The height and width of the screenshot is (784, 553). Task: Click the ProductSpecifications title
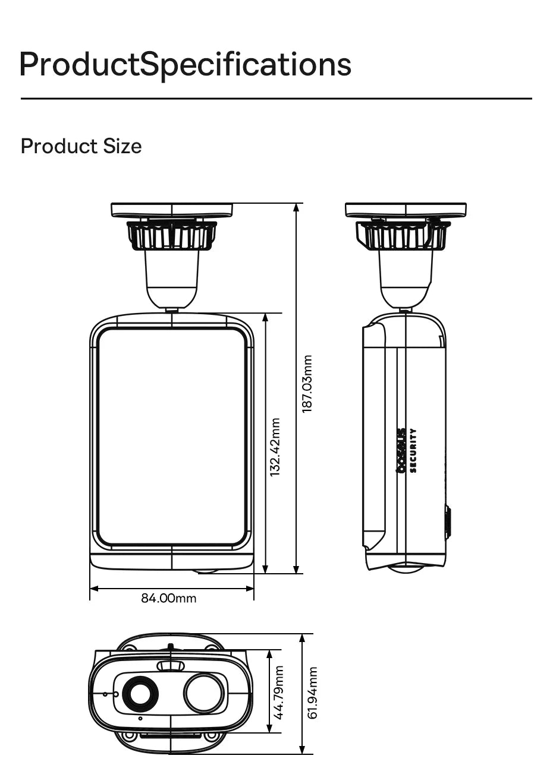[x=185, y=64]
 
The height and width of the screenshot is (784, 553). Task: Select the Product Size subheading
[x=81, y=146]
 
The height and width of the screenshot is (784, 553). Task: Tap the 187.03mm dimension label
[x=307, y=384]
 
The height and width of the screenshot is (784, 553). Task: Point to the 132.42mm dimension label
[x=275, y=447]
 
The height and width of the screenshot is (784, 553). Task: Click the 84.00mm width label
[x=168, y=598]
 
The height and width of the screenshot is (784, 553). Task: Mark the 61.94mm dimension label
[x=313, y=693]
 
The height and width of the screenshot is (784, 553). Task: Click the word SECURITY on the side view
[x=413, y=450]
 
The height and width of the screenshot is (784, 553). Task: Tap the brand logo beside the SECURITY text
[x=401, y=450]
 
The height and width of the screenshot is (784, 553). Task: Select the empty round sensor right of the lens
[x=204, y=693]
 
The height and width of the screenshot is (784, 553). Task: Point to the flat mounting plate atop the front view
[x=172, y=210]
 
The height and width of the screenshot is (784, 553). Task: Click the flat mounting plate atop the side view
[x=406, y=210]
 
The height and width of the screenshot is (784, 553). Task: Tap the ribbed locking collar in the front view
[x=172, y=235]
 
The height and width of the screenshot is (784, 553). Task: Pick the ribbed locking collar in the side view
[x=404, y=235]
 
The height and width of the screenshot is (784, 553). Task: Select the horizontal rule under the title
[x=276, y=99]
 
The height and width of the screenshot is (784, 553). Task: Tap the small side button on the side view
[x=448, y=522]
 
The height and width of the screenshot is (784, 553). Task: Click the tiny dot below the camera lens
[x=140, y=719]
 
